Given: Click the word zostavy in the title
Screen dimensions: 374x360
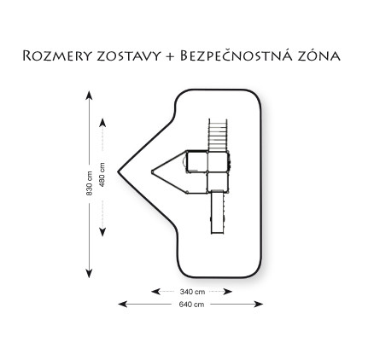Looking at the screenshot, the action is [x=129, y=56].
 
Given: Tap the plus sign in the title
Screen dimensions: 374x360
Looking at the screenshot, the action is [x=170, y=56].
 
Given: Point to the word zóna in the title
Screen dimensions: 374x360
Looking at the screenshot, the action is [x=318, y=55].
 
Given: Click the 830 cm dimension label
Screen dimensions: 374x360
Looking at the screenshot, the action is [x=90, y=183].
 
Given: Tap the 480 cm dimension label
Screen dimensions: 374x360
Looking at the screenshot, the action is [x=102, y=175].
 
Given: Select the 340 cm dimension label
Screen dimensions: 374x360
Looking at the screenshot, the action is [x=192, y=292].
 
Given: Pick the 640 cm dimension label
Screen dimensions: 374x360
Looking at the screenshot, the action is [x=191, y=305].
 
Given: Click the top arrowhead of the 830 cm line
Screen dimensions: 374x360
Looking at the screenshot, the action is [x=89, y=95].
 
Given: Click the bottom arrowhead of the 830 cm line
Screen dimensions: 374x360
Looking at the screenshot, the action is [x=89, y=273].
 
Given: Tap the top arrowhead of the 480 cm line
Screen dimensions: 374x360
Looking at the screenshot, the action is [x=102, y=123].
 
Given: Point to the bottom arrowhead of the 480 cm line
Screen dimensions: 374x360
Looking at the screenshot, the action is [x=102, y=232].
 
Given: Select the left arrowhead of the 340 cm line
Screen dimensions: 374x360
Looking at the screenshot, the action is [x=155, y=292].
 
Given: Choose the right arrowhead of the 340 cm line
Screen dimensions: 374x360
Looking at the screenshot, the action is [x=228, y=292].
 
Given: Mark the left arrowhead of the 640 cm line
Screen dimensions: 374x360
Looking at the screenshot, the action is [x=123, y=305].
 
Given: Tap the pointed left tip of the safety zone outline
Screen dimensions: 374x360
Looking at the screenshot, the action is [x=118, y=171].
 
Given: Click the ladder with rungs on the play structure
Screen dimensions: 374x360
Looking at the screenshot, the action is [x=218, y=135].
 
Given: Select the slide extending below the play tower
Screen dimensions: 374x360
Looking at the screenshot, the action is [x=218, y=212].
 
